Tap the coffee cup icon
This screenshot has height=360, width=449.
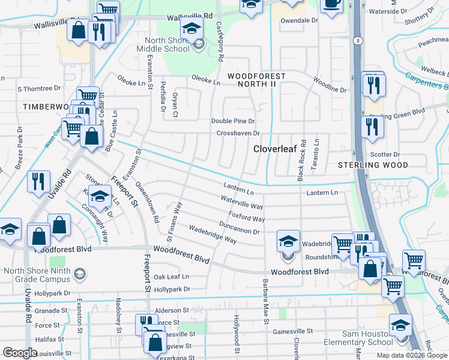click(331, 4)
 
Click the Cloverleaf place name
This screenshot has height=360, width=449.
click(276, 148)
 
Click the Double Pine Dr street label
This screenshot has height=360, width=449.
click(234, 121)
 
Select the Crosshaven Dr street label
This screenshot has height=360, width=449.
click(238, 133)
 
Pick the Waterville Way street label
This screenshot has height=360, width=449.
click(242, 202)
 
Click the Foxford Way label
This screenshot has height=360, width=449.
click(246, 216)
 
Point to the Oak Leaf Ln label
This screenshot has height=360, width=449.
click(171, 277)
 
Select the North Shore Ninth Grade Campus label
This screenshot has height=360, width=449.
click(37, 275)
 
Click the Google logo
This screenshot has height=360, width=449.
click(20, 353)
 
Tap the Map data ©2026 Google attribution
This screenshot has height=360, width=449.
click(411, 355)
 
